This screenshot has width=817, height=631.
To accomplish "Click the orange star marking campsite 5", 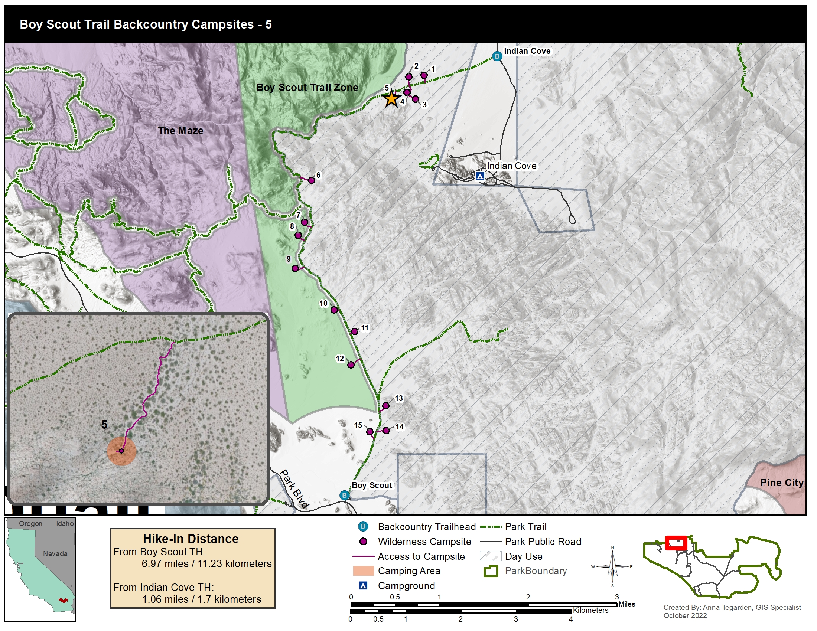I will (x=391, y=99).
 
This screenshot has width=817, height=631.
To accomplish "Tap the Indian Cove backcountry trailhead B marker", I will (x=497, y=56).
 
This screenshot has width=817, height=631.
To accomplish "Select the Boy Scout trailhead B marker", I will (x=344, y=495).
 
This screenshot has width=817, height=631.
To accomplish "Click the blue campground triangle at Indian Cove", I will (x=480, y=176).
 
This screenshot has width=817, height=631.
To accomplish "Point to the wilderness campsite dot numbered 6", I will (x=311, y=180).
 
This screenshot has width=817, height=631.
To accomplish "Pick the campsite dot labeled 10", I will (x=334, y=310).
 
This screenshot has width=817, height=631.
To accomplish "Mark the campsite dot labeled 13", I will (x=386, y=406).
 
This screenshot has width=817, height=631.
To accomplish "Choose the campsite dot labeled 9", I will (x=295, y=268).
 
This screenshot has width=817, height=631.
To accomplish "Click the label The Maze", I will (x=180, y=130).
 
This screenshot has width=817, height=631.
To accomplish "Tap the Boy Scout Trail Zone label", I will (x=307, y=88).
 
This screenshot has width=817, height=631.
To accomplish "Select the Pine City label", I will (x=781, y=483).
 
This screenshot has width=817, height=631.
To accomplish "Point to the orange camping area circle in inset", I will (x=121, y=451).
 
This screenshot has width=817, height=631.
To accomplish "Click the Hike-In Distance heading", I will (x=191, y=539).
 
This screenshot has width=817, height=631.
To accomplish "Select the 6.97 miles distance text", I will (x=206, y=563).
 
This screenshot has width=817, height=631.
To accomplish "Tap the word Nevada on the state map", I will (x=55, y=554).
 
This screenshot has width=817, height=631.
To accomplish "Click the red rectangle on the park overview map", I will (x=676, y=543).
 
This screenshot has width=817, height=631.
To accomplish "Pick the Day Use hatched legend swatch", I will (x=490, y=556).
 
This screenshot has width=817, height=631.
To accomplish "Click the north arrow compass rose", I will (x=612, y=567).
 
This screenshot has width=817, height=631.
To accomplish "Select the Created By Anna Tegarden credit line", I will (x=732, y=608).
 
